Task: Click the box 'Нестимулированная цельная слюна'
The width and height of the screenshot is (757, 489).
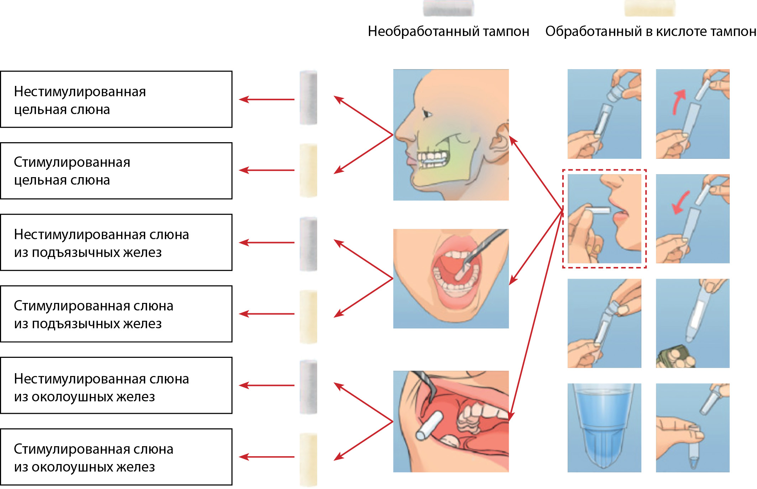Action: pos(116,99)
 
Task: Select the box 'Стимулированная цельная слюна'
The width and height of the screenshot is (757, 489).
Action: pos(116,171)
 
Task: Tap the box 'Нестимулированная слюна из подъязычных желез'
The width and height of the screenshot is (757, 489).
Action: pos(116,242)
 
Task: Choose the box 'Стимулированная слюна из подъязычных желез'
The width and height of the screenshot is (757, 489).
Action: pos(116,314)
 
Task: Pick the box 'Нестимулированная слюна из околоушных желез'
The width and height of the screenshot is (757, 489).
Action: pos(116,386)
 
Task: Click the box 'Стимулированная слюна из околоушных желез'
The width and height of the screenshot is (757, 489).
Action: pos(116,457)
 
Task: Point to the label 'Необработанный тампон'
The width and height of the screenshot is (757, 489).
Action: pos(448,31)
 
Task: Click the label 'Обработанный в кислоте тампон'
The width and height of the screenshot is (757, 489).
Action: pos(651,31)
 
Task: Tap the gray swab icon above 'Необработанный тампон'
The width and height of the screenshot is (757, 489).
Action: pos(448,8)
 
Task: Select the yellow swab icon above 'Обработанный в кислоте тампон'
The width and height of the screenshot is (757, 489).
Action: pos(649,8)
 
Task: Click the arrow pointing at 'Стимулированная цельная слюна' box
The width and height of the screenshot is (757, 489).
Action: pos(267,170)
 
